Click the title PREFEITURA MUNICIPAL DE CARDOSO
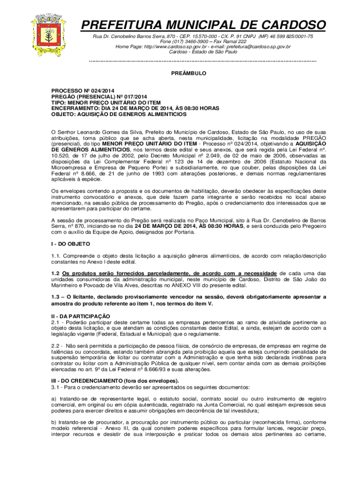click(203, 25)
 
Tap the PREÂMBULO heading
click(187, 73)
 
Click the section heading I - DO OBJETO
click(71, 244)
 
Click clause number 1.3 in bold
click(56, 297)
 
